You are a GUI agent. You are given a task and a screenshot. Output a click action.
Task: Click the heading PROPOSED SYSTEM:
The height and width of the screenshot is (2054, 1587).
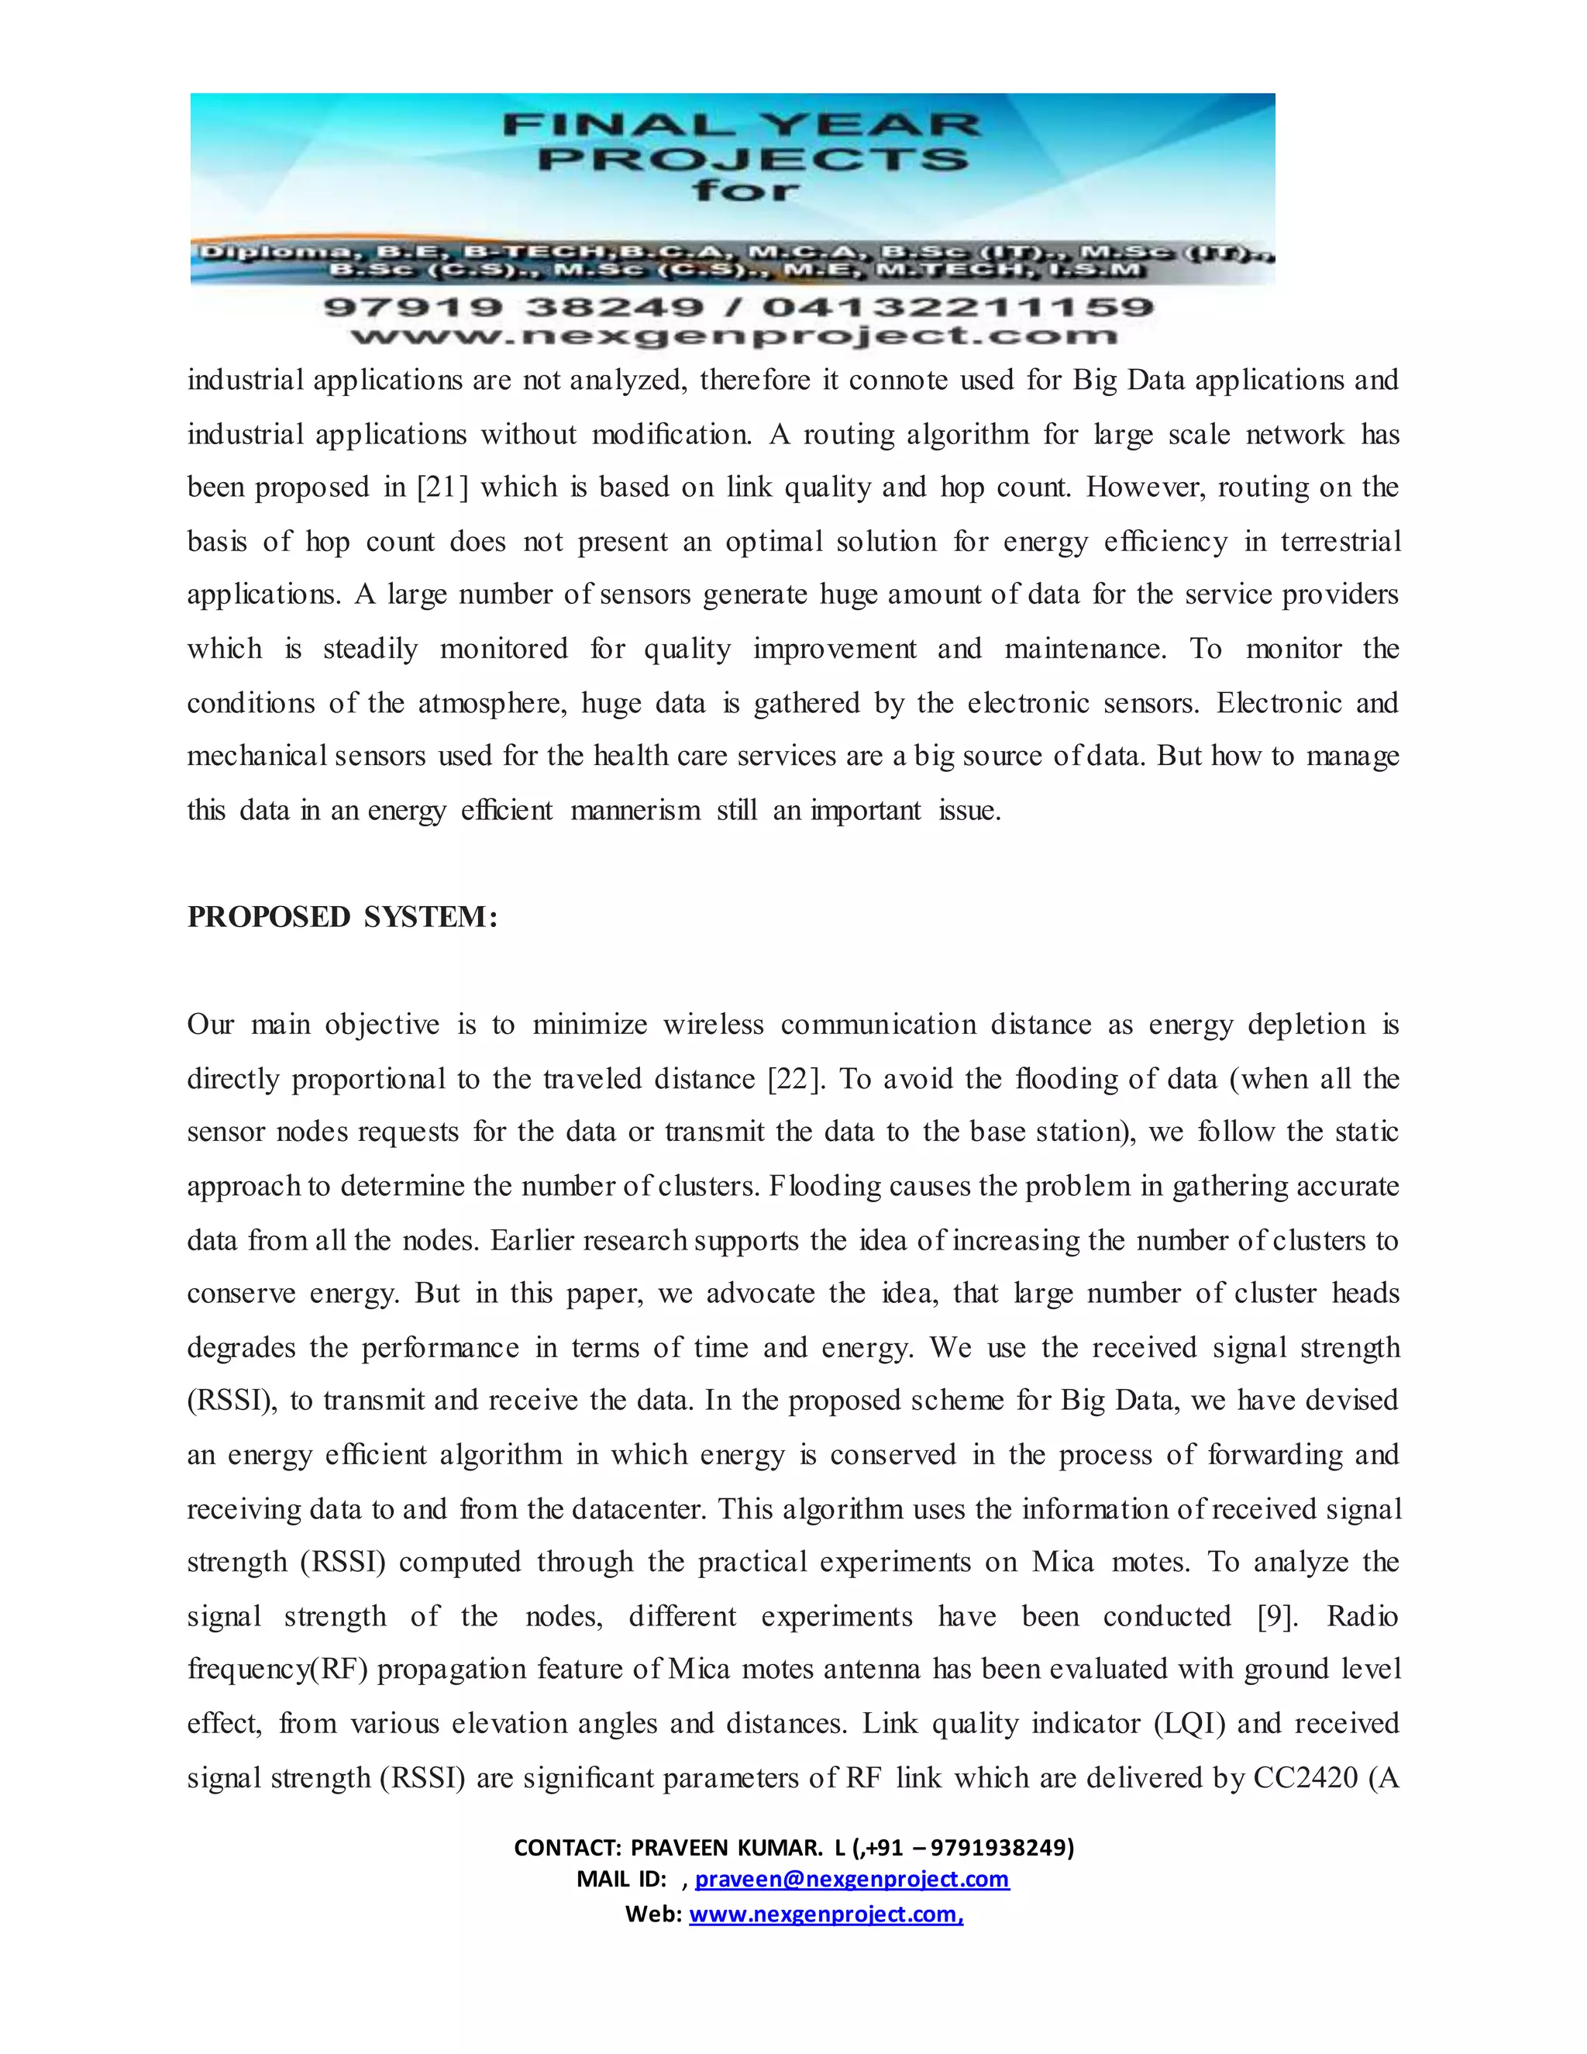[x=343, y=917]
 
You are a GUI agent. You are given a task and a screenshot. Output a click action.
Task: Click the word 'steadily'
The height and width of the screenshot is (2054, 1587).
[x=370, y=649]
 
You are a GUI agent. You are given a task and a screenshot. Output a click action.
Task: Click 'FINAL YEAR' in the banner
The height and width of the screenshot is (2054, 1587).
[x=742, y=124]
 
